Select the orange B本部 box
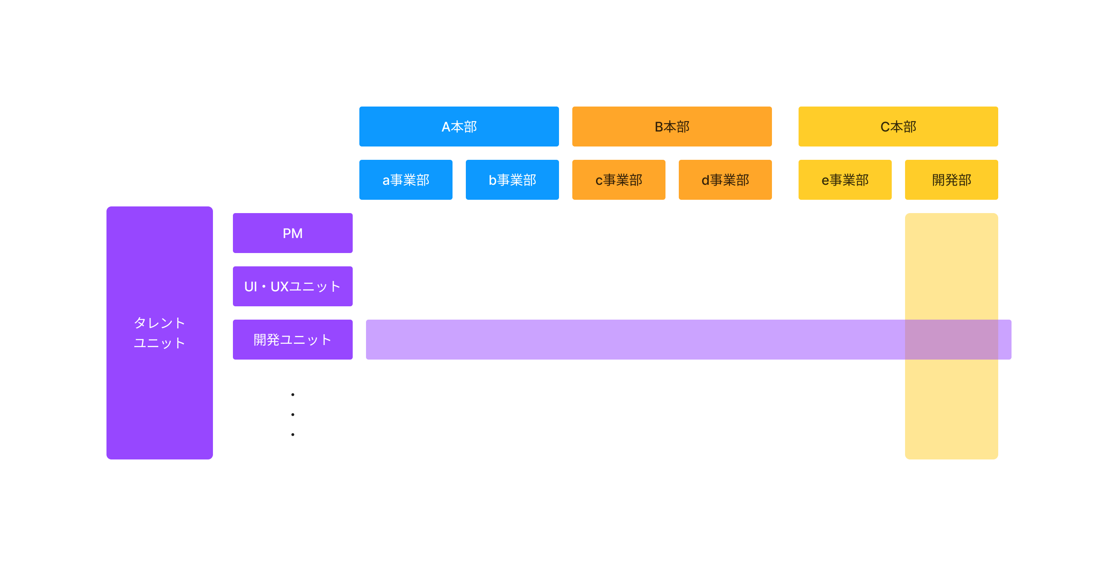[x=671, y=127]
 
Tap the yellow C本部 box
[x=898, y=127]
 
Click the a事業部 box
[x=406, y=180]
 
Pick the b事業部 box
[x=512, y=180]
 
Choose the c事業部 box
[x=618, y=180]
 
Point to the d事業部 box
[x=725, y=180]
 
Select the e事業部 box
[x=845, y=180]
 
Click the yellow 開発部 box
[x=951, y=180]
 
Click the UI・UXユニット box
[x=292, y=286]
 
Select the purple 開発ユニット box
[x=292, y=339]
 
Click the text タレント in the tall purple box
[x=159, y=323]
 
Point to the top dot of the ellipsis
[x=292, y=395]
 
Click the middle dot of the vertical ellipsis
[x=292, y=415]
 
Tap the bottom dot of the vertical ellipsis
[x=292, y=434]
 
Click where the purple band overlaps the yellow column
[x=951, y=339]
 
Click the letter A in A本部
[x=446, y=127]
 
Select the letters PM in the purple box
[x=292, y=233]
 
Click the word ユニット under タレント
[x=159, y=343]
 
